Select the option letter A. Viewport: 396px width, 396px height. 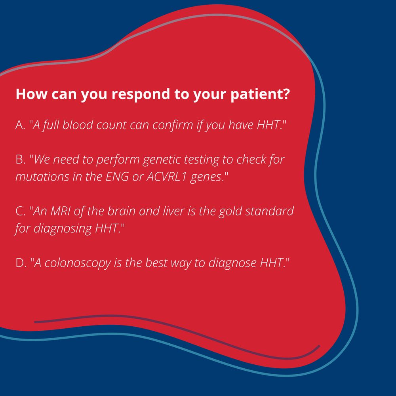click(20, 125)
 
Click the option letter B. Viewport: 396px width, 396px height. click(20, 160)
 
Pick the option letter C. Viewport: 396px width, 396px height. click(20, 211)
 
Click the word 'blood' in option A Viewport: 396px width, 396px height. click(78, 125)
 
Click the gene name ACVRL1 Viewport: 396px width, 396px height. click(166, 177)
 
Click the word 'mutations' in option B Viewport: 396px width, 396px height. click(42, 177)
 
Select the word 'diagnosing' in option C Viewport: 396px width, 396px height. click(63, 229)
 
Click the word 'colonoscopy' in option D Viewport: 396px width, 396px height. click(78, 263)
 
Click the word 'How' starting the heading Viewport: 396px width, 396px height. click(31, 94)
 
